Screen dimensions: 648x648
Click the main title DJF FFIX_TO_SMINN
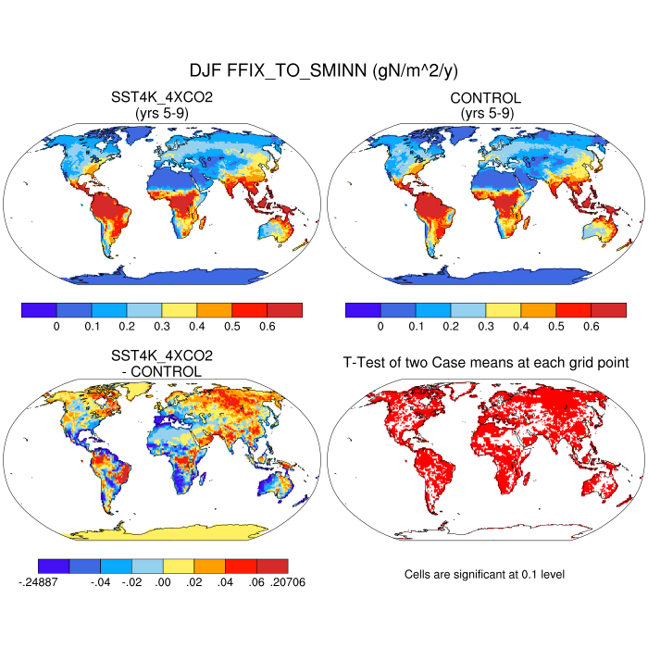(x=324, y=70)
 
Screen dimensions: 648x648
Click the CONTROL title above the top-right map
(x=486, y=98)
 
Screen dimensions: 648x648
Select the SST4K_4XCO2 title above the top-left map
(x=162, y=98)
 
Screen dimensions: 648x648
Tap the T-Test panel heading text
(x=486, y=364)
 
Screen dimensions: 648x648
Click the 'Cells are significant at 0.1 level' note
(x=484, y=574)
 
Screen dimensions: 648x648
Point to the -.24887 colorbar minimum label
(x=38, y=582)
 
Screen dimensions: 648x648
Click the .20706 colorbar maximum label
(x=287, y=582)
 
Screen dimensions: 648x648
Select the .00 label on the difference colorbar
(x=163, y=582)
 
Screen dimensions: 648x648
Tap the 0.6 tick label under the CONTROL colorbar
(x=591, y=327)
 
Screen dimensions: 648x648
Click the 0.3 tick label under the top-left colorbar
(x=161, y=327)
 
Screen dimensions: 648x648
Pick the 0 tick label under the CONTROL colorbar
(x=380, y=327)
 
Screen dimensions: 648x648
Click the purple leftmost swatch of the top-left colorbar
(x=39, y=310)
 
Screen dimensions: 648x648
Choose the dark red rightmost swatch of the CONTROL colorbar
(x=608, y=310)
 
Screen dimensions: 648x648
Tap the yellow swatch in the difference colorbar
(x=178, y=566)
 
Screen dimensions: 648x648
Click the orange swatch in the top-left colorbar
(x=214, y=310)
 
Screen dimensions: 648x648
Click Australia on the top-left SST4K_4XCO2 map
(x=278, y=232)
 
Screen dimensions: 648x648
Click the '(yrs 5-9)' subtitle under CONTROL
(x=486, y=113)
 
